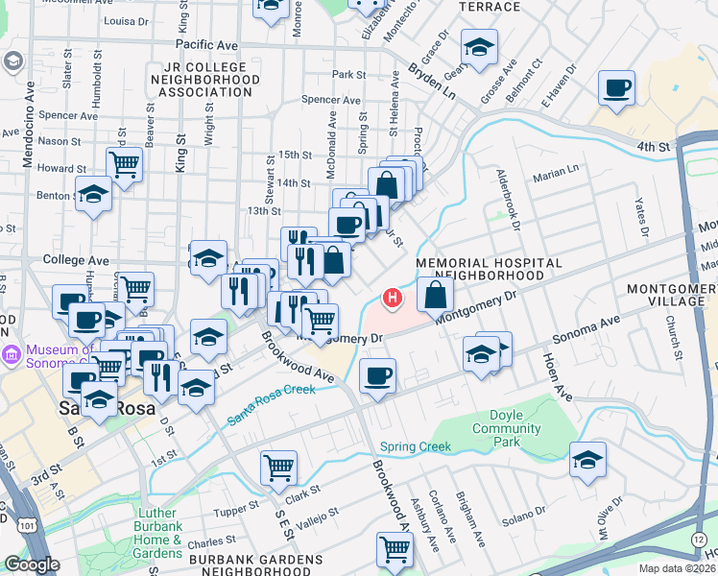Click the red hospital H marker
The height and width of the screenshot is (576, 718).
[392, 299]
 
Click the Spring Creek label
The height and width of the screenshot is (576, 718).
[415, 446]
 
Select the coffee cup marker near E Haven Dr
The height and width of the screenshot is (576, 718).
[616, 89]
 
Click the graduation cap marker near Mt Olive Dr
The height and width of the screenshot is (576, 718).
[587, 462]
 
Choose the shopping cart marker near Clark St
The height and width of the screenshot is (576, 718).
[278, 468]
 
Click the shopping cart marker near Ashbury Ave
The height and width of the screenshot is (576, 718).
[395, 550]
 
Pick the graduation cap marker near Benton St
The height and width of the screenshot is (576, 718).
[93, 195]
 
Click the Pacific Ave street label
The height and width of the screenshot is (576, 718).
[206, 45]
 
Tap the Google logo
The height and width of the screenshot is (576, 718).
[32, 564]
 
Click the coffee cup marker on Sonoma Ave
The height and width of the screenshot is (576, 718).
[378, 375]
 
